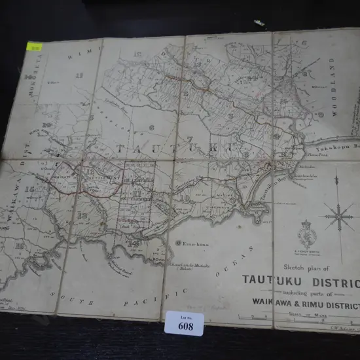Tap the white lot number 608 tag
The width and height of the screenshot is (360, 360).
[185, 323]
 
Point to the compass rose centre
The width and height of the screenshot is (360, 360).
[338, 215]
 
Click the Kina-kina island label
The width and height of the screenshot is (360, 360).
[192, 244]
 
